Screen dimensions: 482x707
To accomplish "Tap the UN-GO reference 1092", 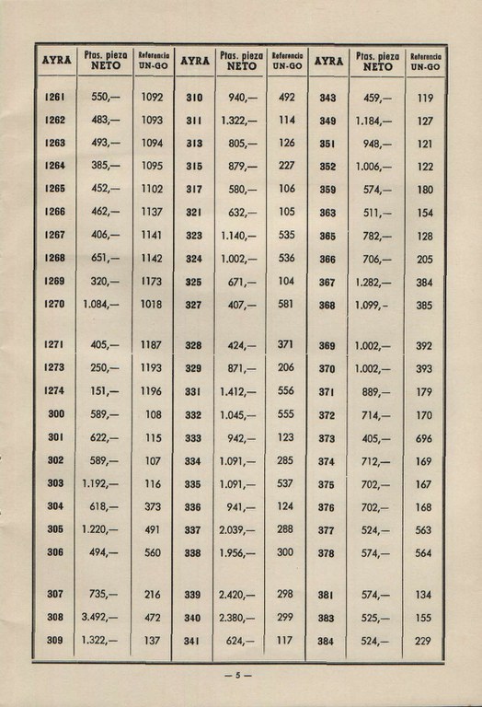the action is point(153,97).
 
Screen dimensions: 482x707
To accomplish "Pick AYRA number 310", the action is point(194,97).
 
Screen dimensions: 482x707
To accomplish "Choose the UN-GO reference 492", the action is point(286,97).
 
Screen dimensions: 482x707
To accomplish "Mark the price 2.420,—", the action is point(238,595).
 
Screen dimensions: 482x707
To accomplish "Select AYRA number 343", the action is point(327,97).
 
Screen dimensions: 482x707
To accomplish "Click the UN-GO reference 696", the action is point(424,438).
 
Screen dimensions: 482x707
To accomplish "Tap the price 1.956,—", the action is point(238,552).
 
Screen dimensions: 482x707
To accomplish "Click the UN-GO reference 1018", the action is point(153,305).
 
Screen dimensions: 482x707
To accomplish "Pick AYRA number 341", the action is point(194,641).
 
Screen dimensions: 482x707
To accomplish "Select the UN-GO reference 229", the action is point(424,641).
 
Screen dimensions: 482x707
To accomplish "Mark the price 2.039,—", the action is point(238,529).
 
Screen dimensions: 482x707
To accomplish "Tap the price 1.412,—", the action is point(238,390).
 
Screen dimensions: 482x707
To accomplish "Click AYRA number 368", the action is point(327,305).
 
